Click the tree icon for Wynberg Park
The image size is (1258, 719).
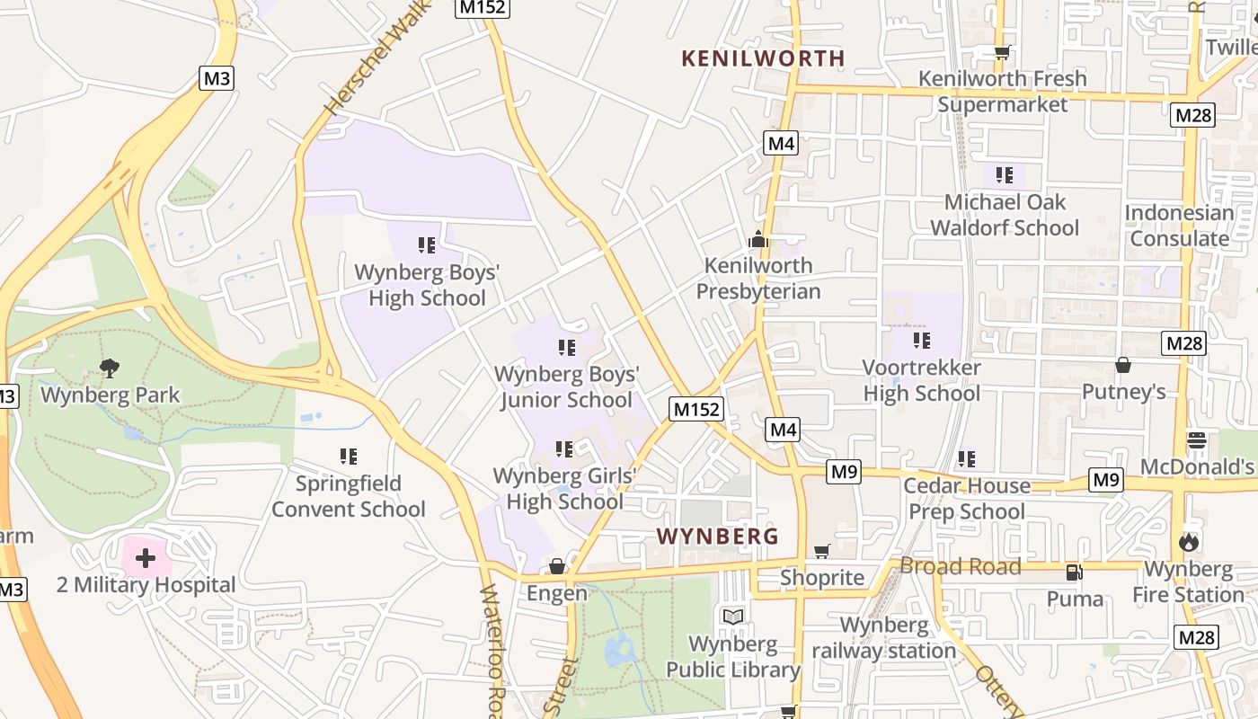(x=110, y=368)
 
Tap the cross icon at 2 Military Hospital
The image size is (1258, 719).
(x=145, y=559)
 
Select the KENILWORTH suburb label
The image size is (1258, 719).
(x=763, y=58)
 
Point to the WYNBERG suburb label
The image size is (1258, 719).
(x=717, y=537)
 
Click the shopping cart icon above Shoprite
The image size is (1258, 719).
(x=821, y=551)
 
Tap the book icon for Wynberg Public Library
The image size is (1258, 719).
(x=733, y=617)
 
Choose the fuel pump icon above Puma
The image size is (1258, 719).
(x=1073, y=572)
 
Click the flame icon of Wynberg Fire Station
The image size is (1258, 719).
(x=1190, y=542)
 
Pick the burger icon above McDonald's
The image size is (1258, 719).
(x=1197, y=439)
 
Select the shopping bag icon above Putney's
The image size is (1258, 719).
(x=1122, y=365)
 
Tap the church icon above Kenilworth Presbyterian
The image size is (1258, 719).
(x=758, y=239)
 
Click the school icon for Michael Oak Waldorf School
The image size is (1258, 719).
(x=1004, y=175)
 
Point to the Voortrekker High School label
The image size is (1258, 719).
(x=922, y=380)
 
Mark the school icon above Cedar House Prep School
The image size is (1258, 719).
(x=967, y=459)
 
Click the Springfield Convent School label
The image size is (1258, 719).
(x=349, y=496)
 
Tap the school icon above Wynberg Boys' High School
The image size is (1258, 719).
(x=427, y=244)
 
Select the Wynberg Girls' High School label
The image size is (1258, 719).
(x=564, y=488)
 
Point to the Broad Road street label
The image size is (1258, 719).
(x=961, y=566)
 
